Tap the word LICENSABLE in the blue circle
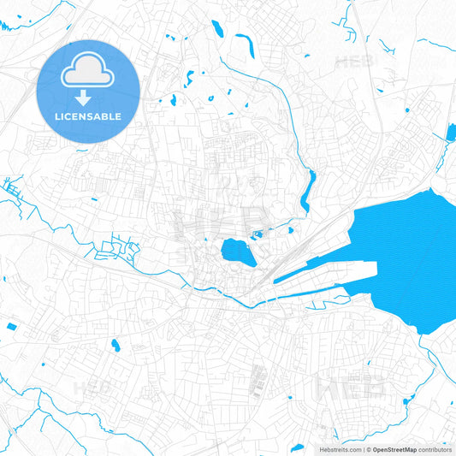pyautogui.click(x=88, y=115)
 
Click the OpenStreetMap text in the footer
pyautogui.click(x=394, y=449)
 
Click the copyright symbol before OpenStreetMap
pyautogui.click(x=368, y=449)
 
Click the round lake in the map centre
pyautogui.click(x=234, y=252)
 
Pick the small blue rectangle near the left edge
pyautogui.click(x=11, y=327)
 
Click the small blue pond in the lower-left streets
pyautogui.click(x=115, y=346)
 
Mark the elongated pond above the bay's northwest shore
pyautogui.click(x=306, y=192)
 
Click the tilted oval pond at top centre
pyautogui.click(x=217, y=30)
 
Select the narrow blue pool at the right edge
pyautogui.click(x=451, y=132)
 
